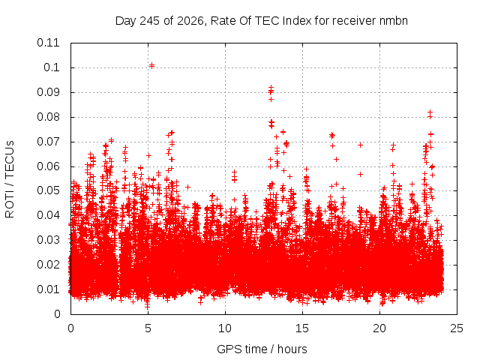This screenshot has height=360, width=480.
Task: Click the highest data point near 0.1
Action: [151, 65]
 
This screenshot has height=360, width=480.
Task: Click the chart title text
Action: [262, 21]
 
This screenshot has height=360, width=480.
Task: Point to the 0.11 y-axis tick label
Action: [48, 43]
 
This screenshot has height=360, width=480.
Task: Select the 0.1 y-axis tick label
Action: [52, 67]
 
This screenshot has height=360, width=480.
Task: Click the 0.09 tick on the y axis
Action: [48, 92]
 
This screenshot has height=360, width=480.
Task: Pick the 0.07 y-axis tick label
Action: [48, 142]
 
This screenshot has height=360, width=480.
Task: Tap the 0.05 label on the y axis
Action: [48, 190]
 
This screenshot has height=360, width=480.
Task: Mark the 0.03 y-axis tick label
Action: [48, 240]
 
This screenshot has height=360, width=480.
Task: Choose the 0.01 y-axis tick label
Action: [48, 289]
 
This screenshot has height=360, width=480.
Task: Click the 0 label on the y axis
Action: [57, 313]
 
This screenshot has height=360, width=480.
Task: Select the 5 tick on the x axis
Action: [148, 328]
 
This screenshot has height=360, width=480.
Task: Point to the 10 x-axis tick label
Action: [225, 328]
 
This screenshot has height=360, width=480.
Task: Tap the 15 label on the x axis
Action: [302, 328]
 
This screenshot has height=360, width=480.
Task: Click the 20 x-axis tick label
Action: [379, 328]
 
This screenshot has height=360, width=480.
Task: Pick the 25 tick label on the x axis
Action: [457, 328]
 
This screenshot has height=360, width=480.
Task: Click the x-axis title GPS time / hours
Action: [262, 349]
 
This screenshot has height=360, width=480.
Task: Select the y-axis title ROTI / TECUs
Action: [10, 179]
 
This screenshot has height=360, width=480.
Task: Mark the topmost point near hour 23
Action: [430, 112]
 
